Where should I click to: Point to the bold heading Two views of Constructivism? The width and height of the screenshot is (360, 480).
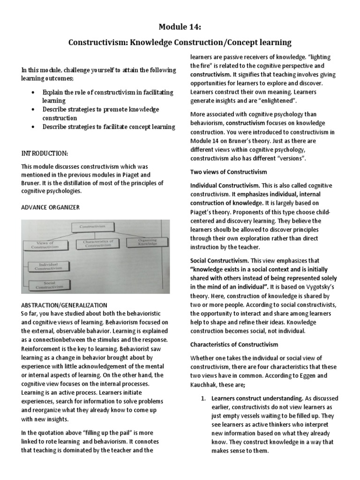(x=228, y=172)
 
